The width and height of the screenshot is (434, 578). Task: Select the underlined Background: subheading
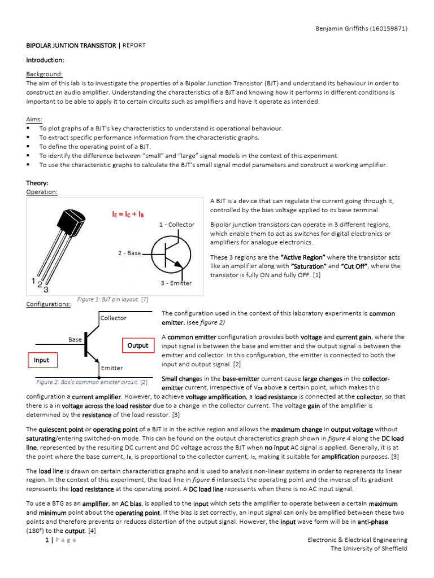point(45,74)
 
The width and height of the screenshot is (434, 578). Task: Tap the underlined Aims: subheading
point(34,119)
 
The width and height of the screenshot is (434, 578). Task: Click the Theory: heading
point(37,183)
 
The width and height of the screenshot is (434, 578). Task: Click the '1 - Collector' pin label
point(177,225)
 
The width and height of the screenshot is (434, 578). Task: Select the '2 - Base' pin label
point(129,253)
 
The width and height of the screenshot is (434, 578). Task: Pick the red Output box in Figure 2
point(137,345)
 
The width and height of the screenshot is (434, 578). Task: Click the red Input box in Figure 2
point(41,360)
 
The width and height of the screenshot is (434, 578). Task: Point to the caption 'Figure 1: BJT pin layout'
point(112,299)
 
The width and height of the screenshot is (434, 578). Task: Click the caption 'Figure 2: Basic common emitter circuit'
point(88,382)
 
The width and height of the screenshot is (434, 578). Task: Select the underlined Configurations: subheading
point(49,304)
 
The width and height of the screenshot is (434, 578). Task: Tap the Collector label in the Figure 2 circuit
point(114,318)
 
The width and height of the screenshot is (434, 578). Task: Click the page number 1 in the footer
point(46,540)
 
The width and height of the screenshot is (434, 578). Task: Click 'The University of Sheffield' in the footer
point(368,549)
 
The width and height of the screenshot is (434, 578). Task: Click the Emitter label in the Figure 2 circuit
point(112,368)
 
